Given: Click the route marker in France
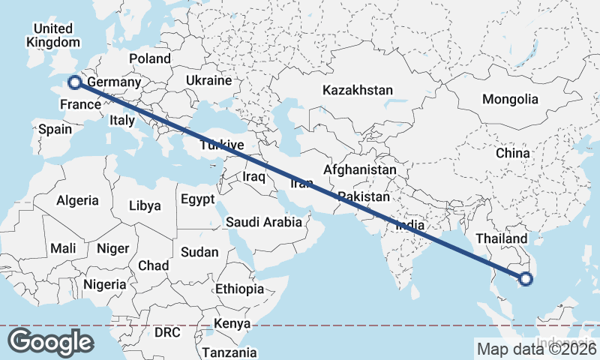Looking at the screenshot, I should [74, 82].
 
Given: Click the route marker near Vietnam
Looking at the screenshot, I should [525, 279].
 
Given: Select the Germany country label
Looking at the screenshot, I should [114, 82].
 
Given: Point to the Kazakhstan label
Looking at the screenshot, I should [358, 90].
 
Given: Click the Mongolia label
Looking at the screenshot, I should [510, 99].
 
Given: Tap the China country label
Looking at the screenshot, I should [513, 153].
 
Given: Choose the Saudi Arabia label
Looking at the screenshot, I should [264, 222].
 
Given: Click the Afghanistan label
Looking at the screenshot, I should [360, 170].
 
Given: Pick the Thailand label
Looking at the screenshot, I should [502, 238].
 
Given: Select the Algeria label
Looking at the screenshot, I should [77, 200].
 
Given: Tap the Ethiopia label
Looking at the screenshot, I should [239, 289].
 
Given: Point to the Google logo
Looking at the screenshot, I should [50, 342].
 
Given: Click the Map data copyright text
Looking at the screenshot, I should [535, 347].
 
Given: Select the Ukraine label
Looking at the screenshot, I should [208, 79].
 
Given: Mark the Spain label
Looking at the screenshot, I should [55, 129].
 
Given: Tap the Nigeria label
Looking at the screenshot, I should [104, 284].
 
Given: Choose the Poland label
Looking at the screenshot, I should [150, 58].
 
